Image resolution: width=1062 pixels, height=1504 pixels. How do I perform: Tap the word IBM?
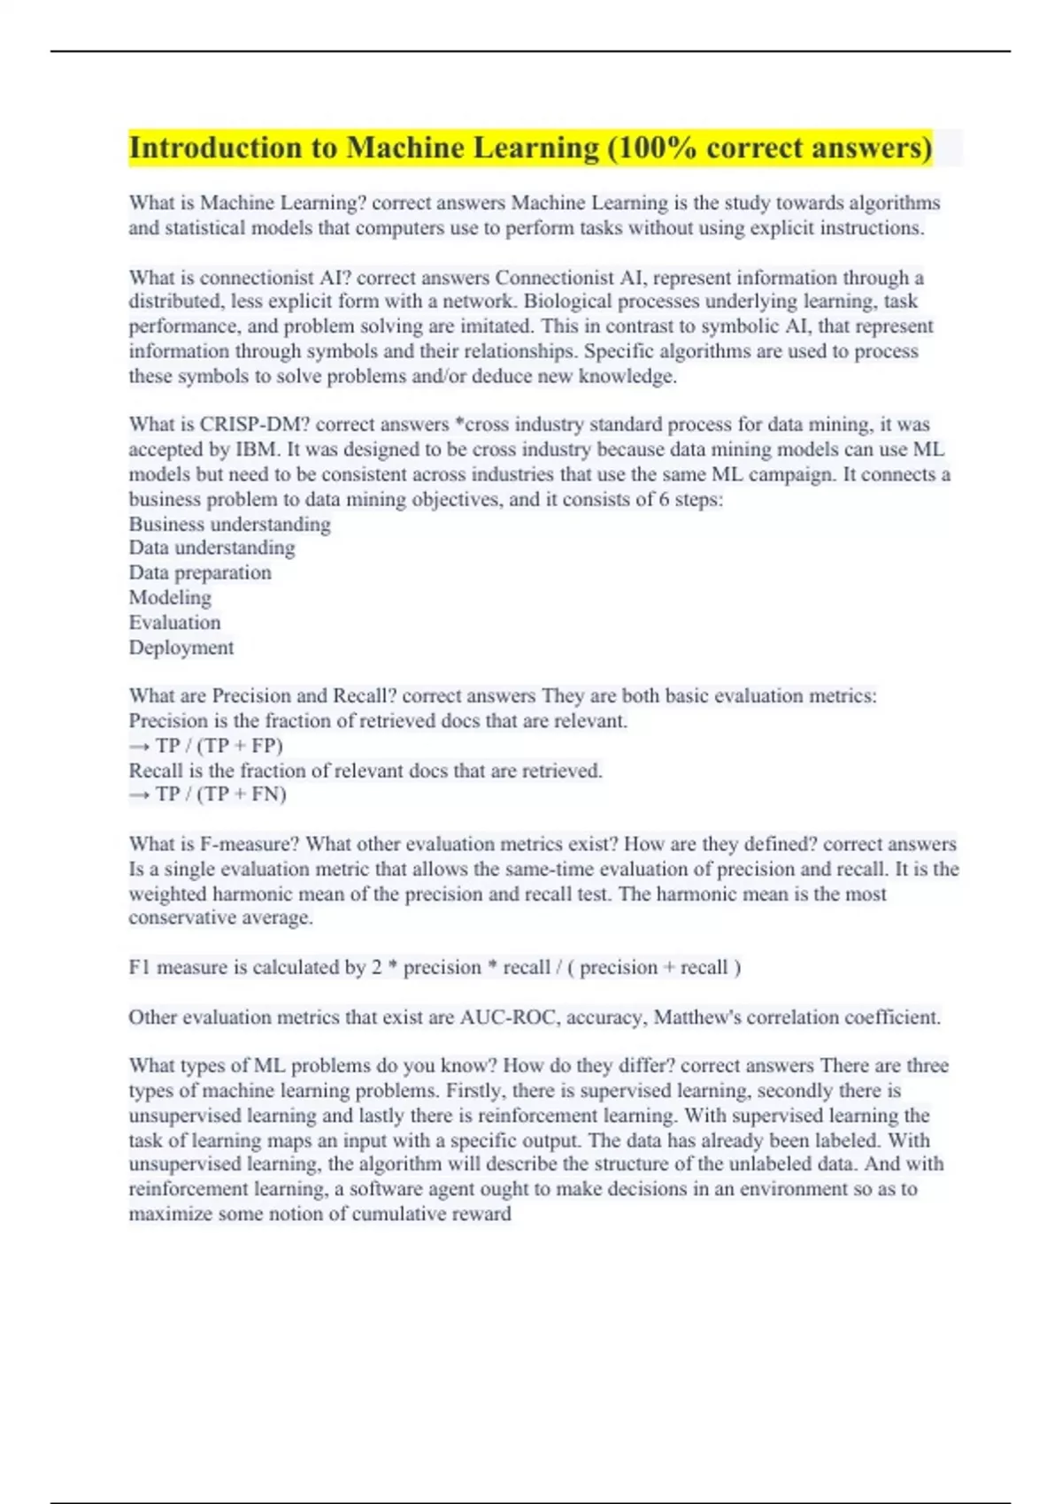(x=258, y=449)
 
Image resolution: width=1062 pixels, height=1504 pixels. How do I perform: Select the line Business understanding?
(x=229, y=524)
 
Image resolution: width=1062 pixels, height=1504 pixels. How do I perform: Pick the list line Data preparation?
(x=200, y=572)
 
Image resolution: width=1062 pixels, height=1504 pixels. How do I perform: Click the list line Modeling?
(x=170, y=597)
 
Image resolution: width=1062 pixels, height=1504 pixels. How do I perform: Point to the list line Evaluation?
(x=174, y=622)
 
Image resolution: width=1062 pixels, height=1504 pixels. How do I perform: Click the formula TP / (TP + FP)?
(x=219, y=746)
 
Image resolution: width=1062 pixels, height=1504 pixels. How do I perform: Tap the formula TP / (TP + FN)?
(x=220, y=794)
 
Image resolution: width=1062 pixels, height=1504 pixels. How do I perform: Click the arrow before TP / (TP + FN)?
(x=140, y=794)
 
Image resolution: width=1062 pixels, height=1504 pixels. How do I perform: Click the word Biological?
(x=566, y=302)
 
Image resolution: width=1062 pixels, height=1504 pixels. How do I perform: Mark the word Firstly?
(x=475, y=1091)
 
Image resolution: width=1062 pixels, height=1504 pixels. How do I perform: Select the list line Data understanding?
(x=212, y=548)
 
